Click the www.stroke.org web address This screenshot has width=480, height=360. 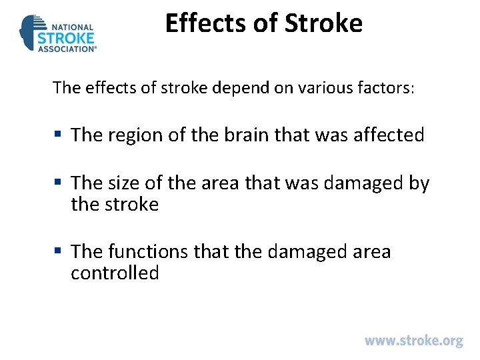[413, 341]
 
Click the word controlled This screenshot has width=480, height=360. [115, 273]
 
